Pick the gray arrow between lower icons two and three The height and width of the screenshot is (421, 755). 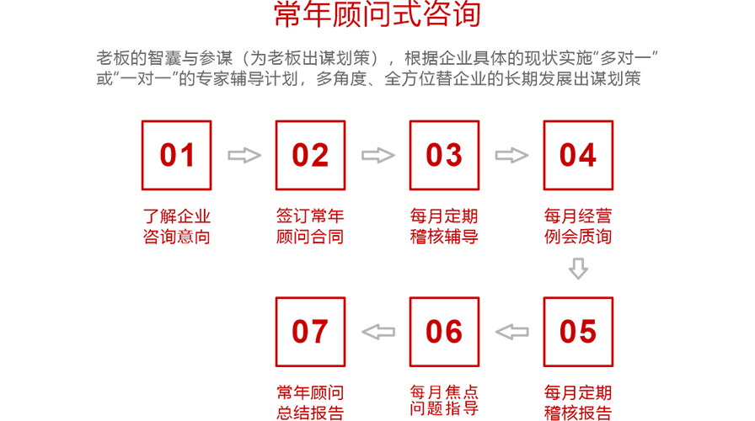click(x=508, y=333)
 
